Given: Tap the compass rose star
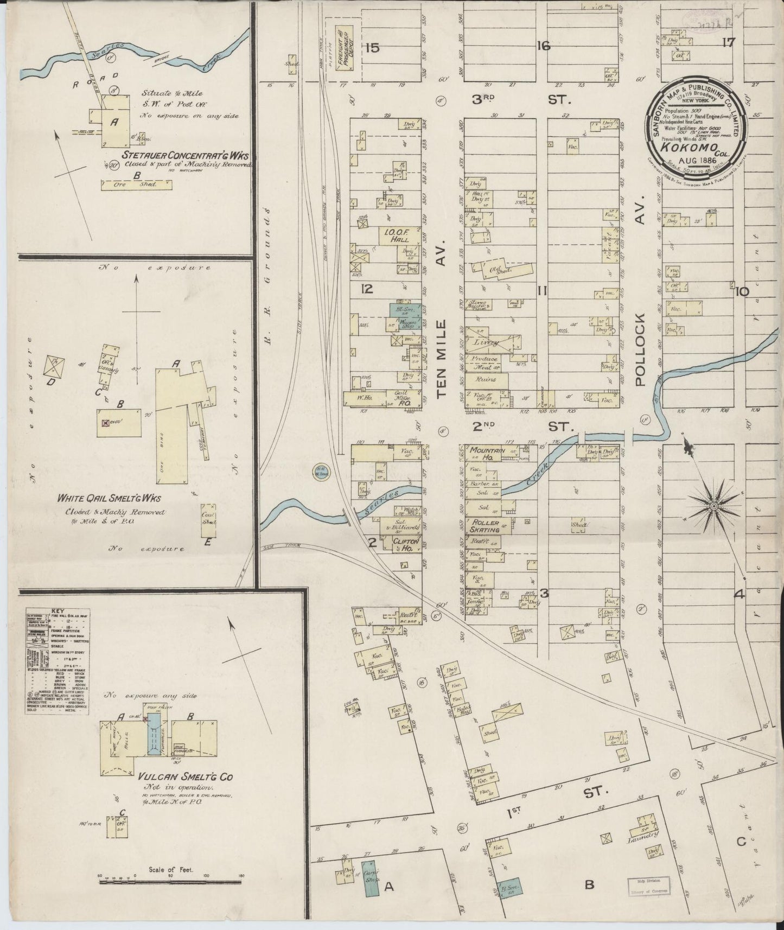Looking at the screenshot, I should pyautogui.click(x=714, y=506).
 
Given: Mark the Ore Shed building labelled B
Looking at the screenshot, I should pyautogui.click(x=136, y=184).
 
